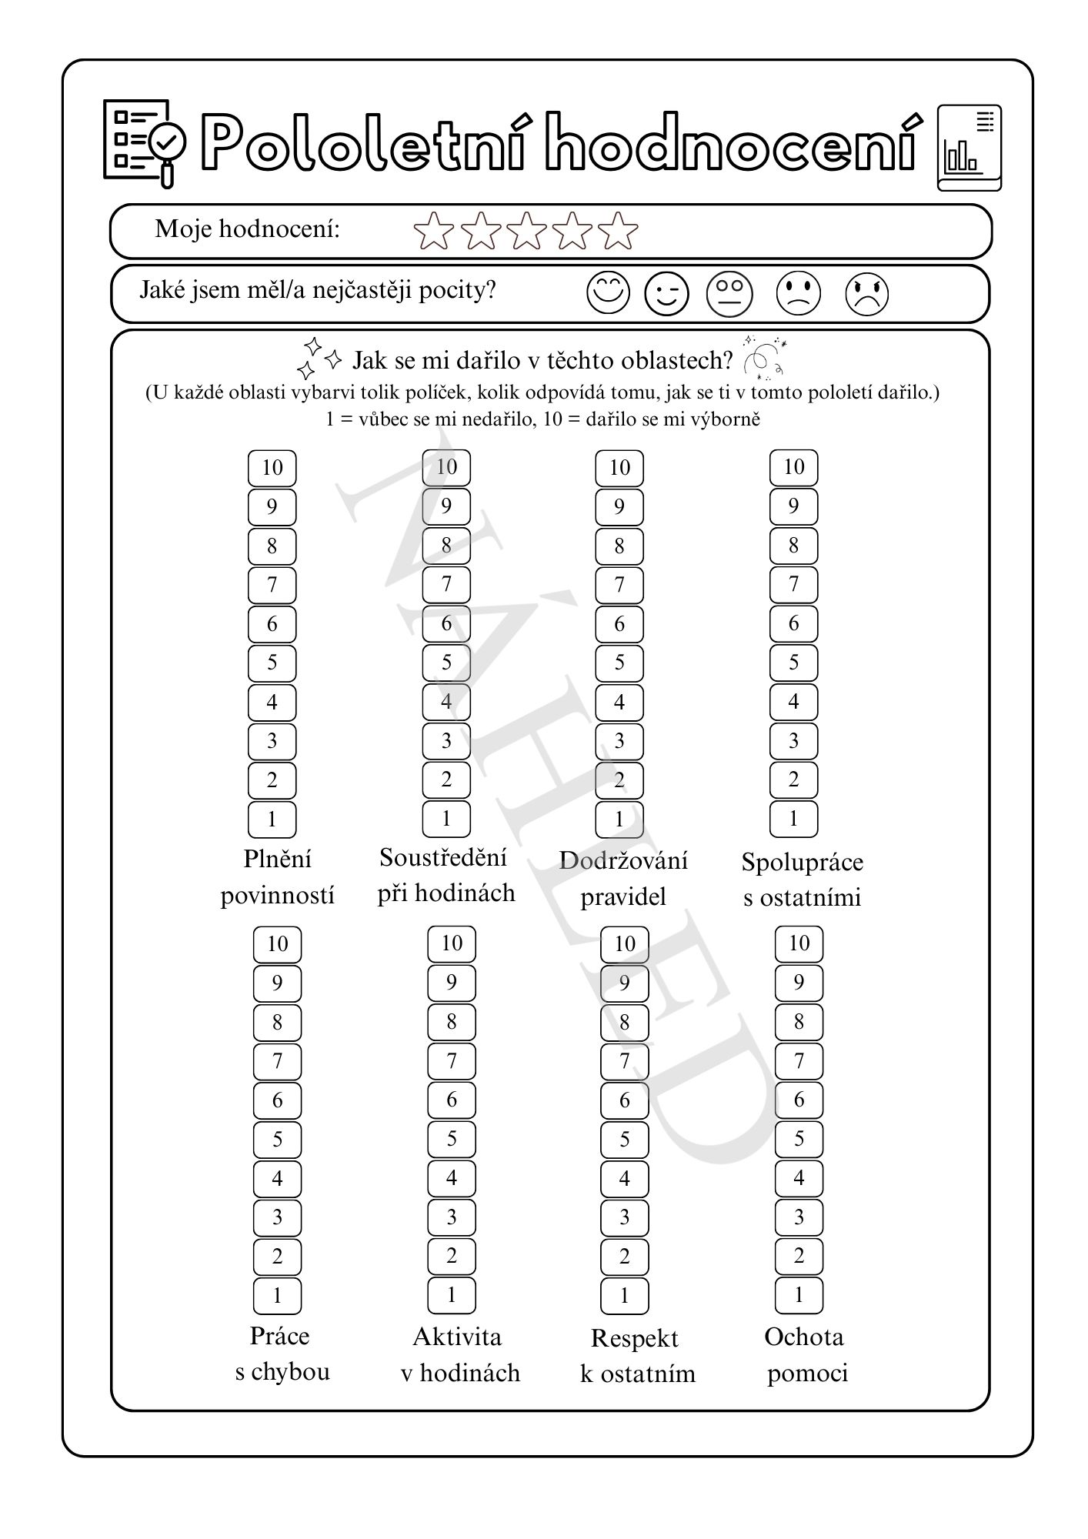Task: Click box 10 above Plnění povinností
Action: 272,467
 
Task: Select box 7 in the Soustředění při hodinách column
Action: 446,584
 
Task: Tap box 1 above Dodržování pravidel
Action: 619,820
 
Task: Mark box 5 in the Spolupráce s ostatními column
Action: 793,663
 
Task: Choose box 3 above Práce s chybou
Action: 277,1217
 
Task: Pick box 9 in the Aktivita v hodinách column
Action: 452,982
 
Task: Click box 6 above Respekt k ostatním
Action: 624,1100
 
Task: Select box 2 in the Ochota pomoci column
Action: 799,1257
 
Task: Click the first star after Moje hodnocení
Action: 433,231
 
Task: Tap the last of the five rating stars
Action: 618,231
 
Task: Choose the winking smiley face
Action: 666,293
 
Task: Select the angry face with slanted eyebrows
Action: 867,294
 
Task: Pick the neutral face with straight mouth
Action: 729,293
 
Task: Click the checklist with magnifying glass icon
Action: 145,142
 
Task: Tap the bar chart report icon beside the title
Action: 969,147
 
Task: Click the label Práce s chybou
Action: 281,1354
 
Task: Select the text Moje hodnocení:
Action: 247,229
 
